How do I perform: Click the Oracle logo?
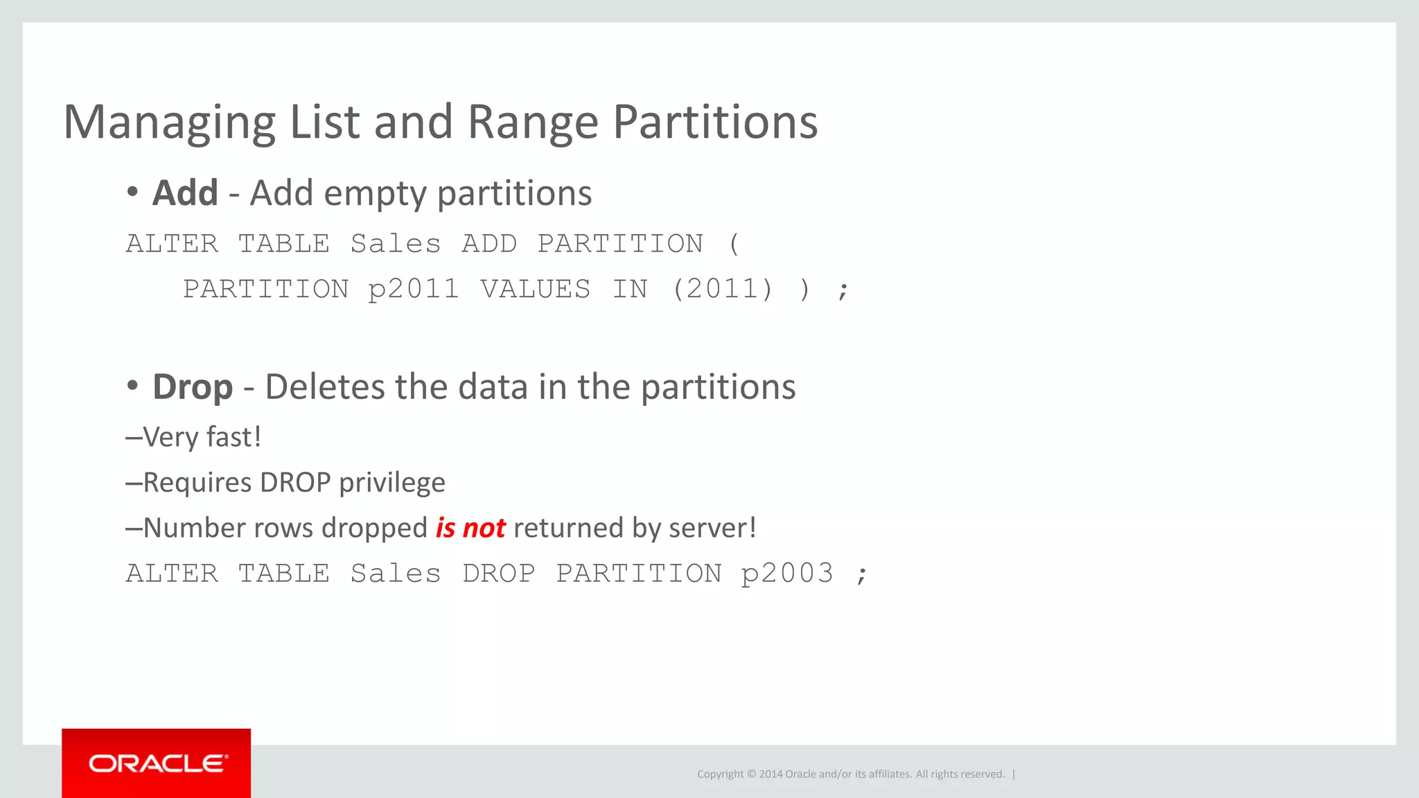pyautogui.click(x=157, y=763)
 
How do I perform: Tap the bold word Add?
pyautogui.click(x=185, y=193)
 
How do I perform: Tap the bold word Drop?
pyautogui.click(x=193, y=387)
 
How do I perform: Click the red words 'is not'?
pyautogui.click(x=470, y=528)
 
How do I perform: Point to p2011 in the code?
pyautogui.click(x=414, y=289)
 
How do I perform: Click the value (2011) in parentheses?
pyautogui.click(x=723, y=289)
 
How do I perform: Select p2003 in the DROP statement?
pyautogui.click(x=787, y=574)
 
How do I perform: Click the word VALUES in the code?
pyautogui.click(x=536, y=289)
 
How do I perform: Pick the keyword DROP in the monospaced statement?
pyautogui.click(x=499, y=574)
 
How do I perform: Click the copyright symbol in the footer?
pyautogui.click(x=752, y=774)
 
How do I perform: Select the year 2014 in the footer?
pyautogui.click(x=770, y=774)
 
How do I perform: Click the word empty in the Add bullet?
pyautogui.click(x=375, y=194)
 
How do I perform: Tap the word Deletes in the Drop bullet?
pyautogui.click(x=325, y=387)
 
